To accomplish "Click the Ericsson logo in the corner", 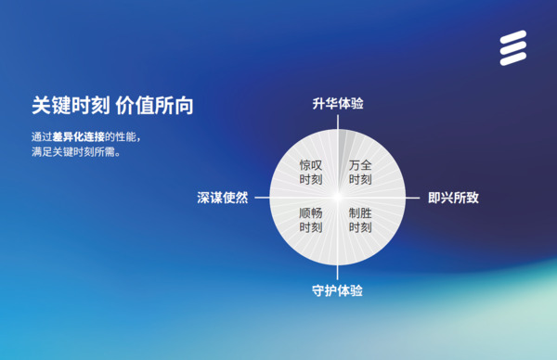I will (x=512, y=50).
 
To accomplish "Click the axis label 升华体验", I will (x=338, y=104).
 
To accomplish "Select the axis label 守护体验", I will (x=338, y=291).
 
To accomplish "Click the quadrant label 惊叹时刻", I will (x=311, y=172).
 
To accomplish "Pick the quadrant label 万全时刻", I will (x=361, y=172).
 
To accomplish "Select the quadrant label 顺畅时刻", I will (x=311, y=220).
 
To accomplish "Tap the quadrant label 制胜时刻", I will (x=361, y=220).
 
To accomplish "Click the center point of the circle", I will (x=338, y=198).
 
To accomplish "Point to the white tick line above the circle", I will (x=338, y=121).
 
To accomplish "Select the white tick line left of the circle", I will (x=261, y=198).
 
